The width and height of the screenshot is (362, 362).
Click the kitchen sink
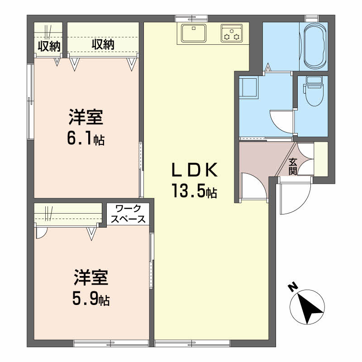194,33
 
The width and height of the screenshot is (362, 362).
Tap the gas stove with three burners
232,33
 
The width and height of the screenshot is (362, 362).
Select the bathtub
315,47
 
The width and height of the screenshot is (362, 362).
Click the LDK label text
195,170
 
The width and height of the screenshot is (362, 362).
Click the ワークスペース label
128,214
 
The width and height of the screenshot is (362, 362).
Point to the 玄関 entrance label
292,167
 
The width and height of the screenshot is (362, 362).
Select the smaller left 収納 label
49,47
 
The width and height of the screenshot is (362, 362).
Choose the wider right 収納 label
103,44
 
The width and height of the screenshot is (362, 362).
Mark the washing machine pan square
248,88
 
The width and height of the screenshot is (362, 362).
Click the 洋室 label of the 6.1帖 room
86,117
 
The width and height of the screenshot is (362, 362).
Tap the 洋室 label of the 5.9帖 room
91,277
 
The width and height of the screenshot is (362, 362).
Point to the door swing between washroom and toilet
281,122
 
